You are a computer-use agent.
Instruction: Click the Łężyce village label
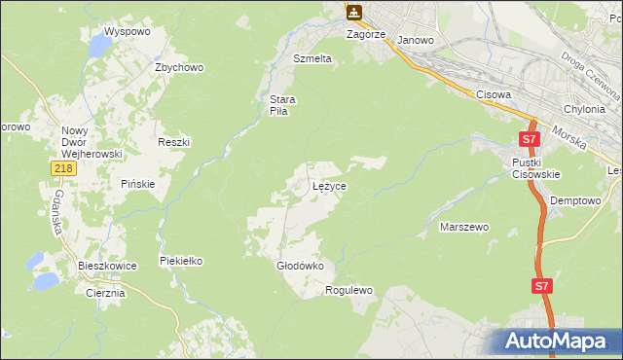[x=330, y=185]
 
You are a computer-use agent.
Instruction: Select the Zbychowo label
[x=179, y=67]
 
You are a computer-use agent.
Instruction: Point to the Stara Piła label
[x=282, y=104]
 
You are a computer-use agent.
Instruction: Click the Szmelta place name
[x=312, y=58]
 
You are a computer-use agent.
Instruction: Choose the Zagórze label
[x=367, y=33]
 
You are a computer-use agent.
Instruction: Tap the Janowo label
[x=416, y=41]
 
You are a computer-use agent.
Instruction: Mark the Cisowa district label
[x=494, y=94]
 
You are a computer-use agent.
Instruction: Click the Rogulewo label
[x=348, y=290]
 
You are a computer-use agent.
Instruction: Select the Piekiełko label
[x=180, y=260]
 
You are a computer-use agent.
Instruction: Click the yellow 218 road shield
[x=63, y=169]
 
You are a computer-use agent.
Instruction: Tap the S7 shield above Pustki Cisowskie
[x=530, y=138]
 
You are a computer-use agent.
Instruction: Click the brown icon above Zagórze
[x=354, y=13]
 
